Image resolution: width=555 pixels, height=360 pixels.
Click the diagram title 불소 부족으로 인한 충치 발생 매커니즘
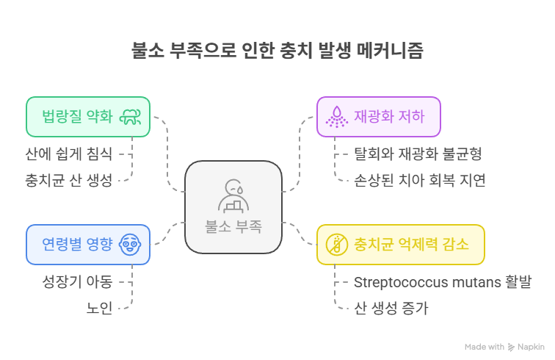[x=277, y=51]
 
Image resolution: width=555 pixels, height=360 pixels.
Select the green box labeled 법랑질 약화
[x=88, y=117]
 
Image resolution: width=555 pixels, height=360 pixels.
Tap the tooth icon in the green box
[x=131, y=117]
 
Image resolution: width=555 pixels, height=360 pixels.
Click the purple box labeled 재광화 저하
[x=378, y=117]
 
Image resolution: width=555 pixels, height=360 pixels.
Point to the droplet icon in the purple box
[x=338, y=117]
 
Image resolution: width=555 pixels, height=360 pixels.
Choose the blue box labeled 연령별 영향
[x=88, y=244]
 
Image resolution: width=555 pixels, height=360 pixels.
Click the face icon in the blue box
[x=131, y=244]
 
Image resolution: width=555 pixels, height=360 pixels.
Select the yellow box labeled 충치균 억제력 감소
[x=400, y=244]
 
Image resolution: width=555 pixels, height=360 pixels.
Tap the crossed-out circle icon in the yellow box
[x=337, y=244]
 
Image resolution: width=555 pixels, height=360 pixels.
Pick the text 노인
[x=100, y=308]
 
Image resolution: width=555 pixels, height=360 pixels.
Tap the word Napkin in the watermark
[x=532, y=346]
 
